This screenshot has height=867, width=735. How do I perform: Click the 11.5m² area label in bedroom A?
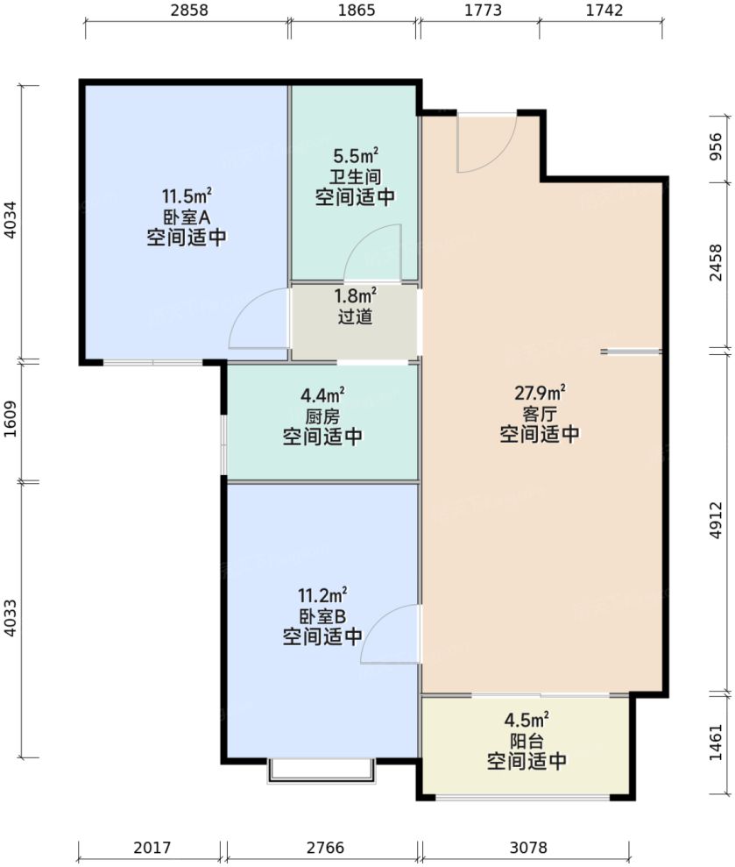(186, 195)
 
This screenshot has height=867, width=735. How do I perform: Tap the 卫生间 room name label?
(355, 176)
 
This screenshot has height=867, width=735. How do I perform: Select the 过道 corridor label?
(355, 316)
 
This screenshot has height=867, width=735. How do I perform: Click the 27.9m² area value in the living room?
(539, 392)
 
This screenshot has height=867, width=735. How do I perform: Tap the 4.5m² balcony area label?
(526, 721)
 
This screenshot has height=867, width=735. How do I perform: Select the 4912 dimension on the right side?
(717, 521)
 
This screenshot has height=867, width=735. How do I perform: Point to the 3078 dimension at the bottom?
(526, 848)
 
